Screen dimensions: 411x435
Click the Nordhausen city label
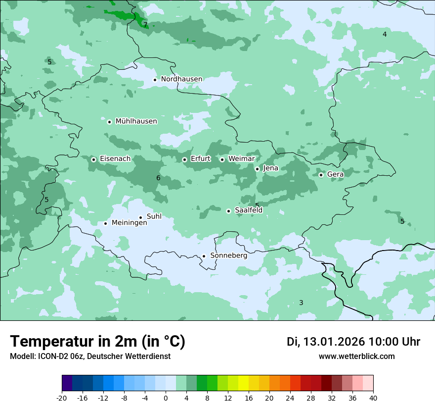181,79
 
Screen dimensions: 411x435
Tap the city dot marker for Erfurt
184,159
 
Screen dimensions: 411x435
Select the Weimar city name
241,158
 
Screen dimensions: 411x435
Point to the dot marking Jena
257,169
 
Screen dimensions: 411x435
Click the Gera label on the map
335,174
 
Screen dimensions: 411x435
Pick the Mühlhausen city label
136,121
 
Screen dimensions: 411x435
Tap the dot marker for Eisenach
93,159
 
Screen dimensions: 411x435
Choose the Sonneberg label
228,256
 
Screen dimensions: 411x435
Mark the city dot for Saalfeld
228,211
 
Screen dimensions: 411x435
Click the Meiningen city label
129,223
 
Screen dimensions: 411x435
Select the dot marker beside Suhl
140,217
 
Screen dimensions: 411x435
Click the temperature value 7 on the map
145,25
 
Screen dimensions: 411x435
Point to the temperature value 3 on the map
301,303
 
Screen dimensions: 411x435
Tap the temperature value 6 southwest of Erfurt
158,178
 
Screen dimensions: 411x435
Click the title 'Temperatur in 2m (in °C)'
97,342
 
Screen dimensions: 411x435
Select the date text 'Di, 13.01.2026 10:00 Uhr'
353,342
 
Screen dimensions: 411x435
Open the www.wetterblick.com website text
356,357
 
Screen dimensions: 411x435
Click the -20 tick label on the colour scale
62,398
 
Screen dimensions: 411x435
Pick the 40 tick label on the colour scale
373,398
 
